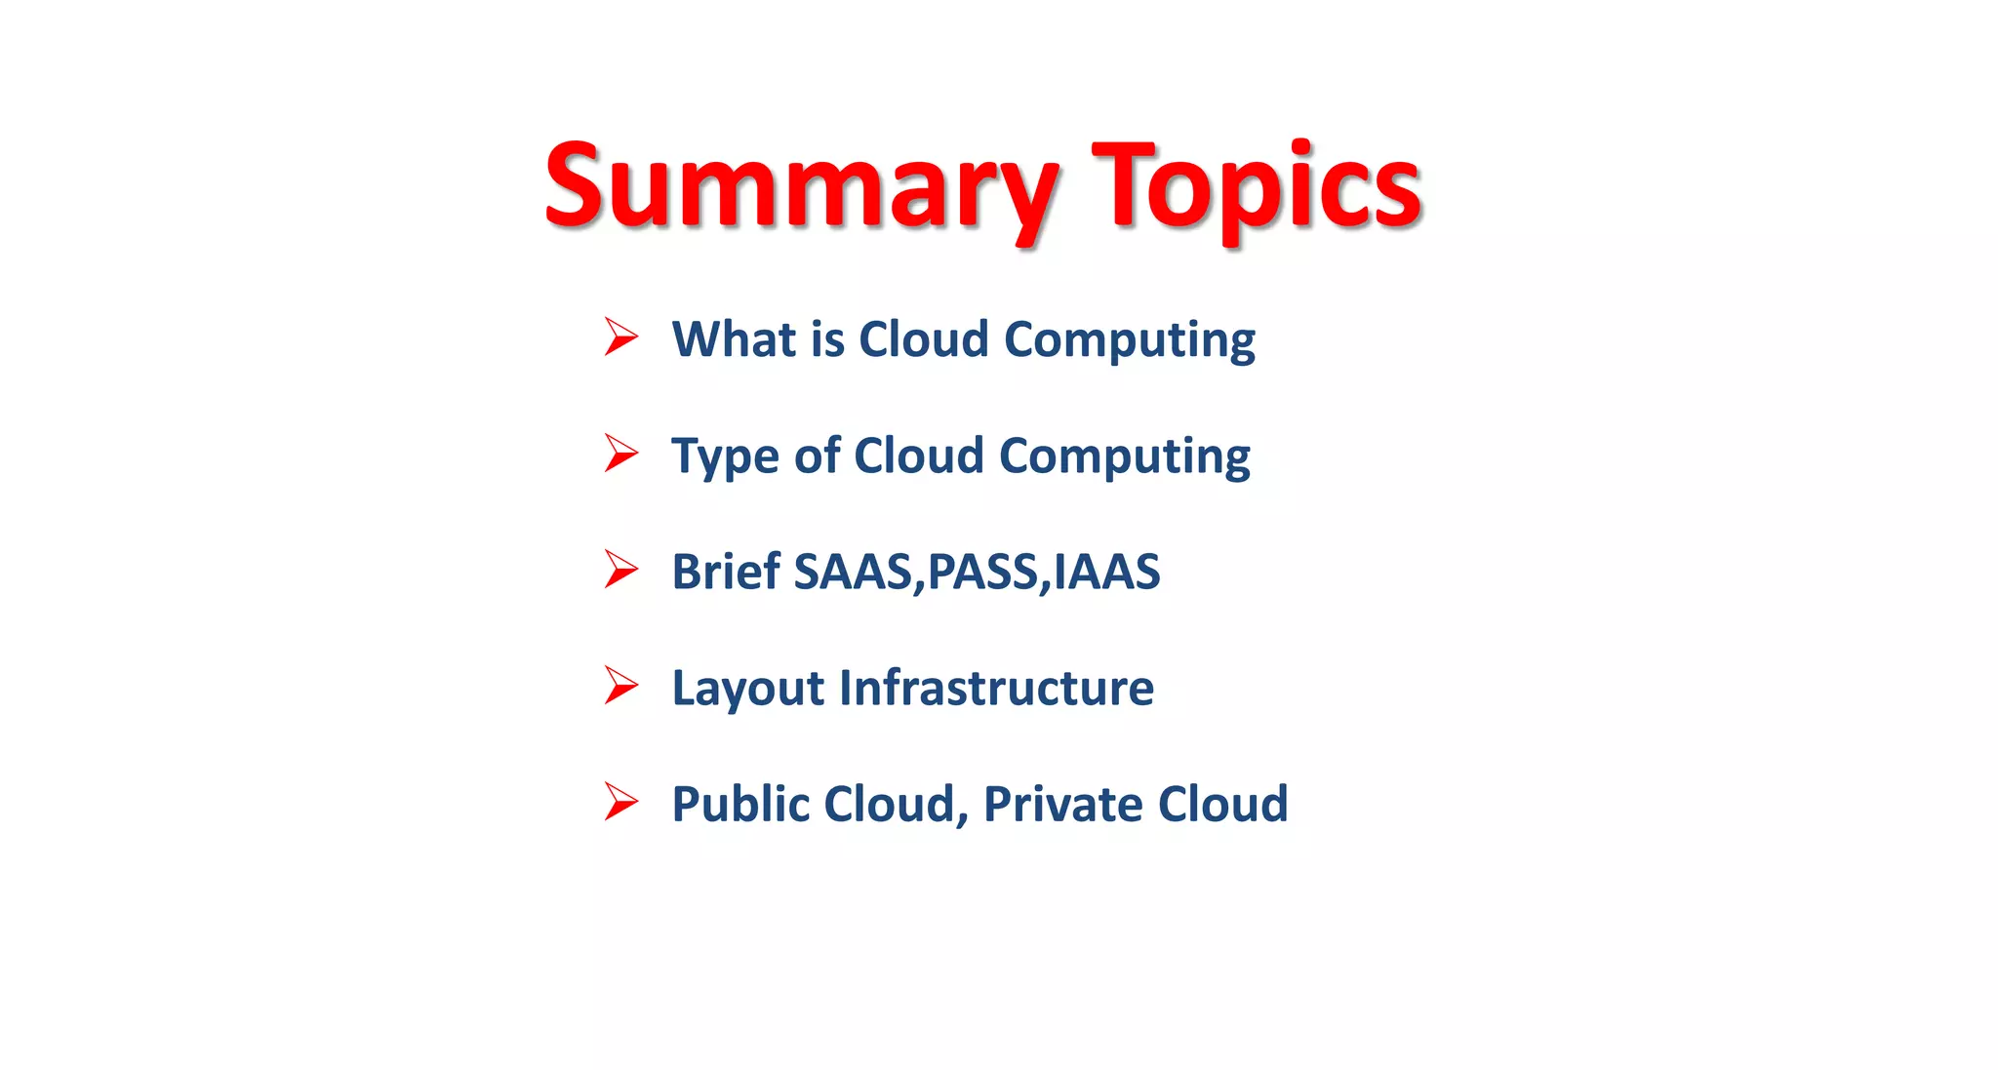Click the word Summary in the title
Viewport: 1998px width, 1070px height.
click(x=800, y=187)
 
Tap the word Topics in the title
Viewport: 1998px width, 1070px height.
click(x=1257, y=187)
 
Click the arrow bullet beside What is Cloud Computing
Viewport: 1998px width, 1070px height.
click(x=620, y=337)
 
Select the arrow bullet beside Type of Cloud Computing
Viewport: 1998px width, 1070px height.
click(x=620, y=453)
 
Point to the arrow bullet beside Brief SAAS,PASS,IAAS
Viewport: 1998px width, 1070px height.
click(x=620, y=569)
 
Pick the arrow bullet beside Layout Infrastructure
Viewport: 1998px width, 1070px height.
click(x=620, y=685)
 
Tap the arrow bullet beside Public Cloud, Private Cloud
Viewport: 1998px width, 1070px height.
click(x=620, y=801)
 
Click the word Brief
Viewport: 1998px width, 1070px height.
click(x=726, y=572)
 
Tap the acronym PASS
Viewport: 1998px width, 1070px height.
click(x=982, y=572)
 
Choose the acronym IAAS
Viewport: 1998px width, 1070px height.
click(x=1107, y=572)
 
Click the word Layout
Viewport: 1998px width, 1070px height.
click(x=748, y=689)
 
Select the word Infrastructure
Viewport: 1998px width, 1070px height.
click(x=996, y=688)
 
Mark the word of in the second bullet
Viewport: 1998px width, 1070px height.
click(x=817, y=456)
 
